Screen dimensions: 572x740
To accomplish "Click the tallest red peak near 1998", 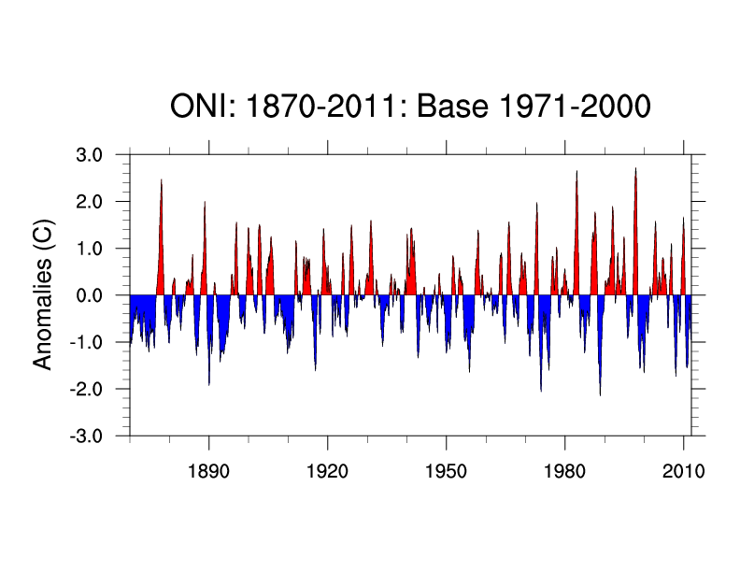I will pos(635,171).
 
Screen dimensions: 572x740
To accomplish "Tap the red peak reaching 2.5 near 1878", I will pos(162,181).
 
